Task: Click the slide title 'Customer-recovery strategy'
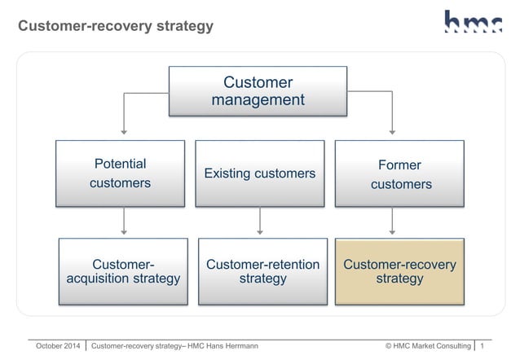[116, 26]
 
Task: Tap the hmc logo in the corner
[473, 22]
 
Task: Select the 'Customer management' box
[258, 91]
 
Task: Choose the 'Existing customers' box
[259, 173]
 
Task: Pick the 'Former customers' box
[400, 173]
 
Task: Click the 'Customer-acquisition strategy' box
[123, 271]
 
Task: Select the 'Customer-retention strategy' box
[262, 271]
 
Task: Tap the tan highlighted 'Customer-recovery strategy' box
[399, 271]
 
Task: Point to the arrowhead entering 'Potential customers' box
[124, 130]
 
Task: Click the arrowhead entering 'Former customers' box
[394, 130]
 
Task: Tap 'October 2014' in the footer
[58, 346]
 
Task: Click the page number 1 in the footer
[483, 346]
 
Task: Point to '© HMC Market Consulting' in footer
[428, 346]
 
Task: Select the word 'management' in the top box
[258, 100]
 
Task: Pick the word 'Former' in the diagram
[399, 165]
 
